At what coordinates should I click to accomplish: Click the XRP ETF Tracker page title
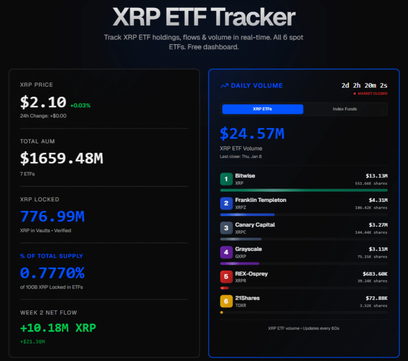click(x=204, y=17)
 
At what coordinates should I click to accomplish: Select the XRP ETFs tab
click(x=263, y=109)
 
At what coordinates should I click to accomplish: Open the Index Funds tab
click(x=345, y=109)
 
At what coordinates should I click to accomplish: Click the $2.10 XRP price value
click(x=43, y=102)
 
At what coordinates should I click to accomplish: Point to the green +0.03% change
click(x=80, y=106)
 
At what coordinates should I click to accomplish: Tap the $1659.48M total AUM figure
click(x=61, y=158)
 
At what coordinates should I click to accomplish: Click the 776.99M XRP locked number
click(x=52, y=217)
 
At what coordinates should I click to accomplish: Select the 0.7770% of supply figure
click(x=52, y=273)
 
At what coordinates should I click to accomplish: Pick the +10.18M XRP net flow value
click(x=58, y=328)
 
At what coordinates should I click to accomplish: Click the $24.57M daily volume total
click(x=252, y=133)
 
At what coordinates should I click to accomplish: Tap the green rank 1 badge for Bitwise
click(x=226, y=178)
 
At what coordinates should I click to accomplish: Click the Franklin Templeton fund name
click(x=260, y=200)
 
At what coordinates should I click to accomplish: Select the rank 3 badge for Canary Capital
click(x=226, y=228)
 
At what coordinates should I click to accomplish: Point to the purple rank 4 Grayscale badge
click(x=226, y=252)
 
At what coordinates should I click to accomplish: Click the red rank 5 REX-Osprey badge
click(x=226, y=277)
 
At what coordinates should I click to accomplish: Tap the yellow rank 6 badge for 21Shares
click(x=226, y=301)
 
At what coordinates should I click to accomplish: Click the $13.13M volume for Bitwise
click(x=376, y=176)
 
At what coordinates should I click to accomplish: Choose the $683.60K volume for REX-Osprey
click(x=375, y=274)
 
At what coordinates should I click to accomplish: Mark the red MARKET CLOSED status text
click(x=372, y=94)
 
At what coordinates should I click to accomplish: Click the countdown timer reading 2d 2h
click(x=364, y=85)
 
